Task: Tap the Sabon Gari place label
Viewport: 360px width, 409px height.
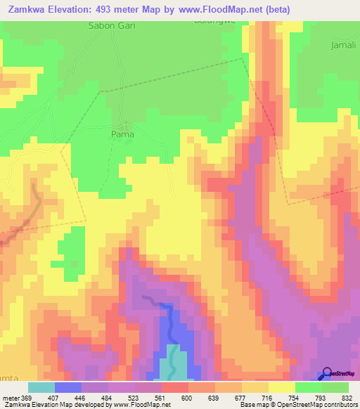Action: pos(111,25)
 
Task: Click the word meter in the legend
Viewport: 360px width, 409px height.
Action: pos(10,397)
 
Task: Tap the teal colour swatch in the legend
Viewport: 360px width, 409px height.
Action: pos(41,387)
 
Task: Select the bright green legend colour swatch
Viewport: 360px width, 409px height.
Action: pos(309,387)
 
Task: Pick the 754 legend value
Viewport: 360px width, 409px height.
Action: pos(294,397)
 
